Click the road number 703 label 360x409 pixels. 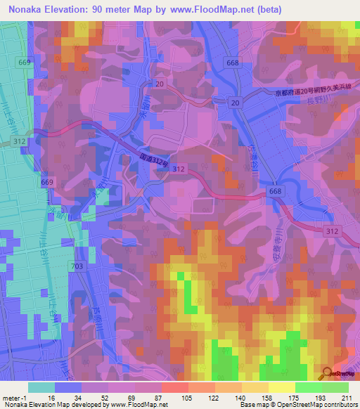click(x=77, y=265)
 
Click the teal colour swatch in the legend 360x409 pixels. click(x=41, y=387)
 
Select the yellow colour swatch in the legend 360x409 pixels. click(x=281, y=387)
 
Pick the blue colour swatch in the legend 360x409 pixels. click(x=68, y=387)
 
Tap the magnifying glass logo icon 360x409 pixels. click(x=328, y=374)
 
